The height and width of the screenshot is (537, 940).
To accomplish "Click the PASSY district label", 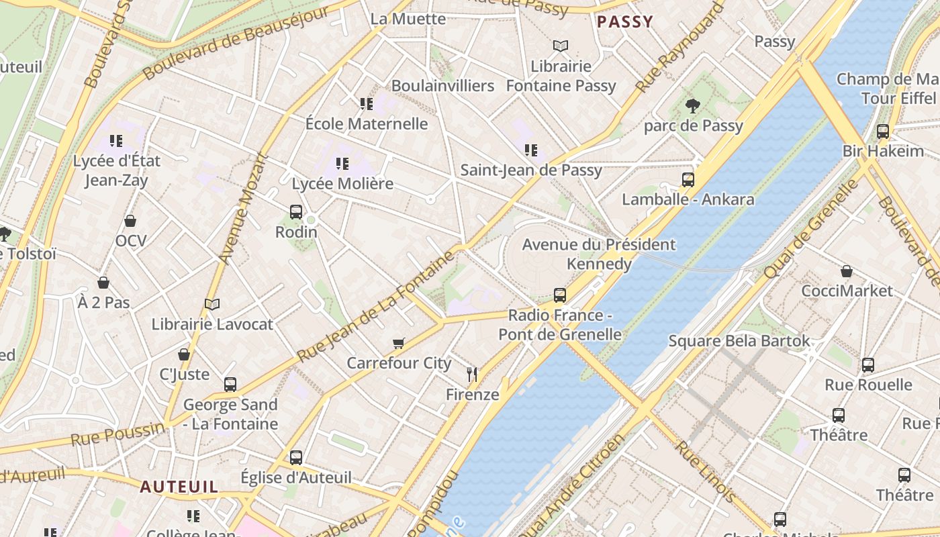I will (624, 21).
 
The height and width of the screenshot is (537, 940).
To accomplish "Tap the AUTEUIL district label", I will (179, 487).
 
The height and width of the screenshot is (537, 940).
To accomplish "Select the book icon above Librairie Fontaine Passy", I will (561, 46).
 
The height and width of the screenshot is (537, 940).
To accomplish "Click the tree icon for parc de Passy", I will (692, 105).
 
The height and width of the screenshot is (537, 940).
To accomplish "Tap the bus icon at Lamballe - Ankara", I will (688, 179).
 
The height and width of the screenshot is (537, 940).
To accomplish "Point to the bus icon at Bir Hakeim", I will (883, 131).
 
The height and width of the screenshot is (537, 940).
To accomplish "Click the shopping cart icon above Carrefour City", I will (399, 343).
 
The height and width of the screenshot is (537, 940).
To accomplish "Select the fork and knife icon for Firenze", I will (472, 374).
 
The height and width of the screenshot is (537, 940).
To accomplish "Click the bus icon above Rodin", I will (296, 211).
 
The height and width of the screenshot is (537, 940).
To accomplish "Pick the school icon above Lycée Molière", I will (342, 163).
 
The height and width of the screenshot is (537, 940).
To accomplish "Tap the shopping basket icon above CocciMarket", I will (847, 271).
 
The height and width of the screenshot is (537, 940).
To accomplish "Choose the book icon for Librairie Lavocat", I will (212, 304).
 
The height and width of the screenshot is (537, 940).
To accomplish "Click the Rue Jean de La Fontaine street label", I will (376, 307).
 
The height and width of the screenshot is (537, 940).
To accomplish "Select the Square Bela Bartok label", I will (739, 341).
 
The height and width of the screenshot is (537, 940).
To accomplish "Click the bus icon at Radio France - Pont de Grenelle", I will (560, 295).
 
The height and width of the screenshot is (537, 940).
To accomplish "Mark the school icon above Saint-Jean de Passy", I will (531, 150).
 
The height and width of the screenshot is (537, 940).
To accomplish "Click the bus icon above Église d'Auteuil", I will (296, 457).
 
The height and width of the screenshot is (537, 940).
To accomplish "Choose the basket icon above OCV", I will (130, 221).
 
